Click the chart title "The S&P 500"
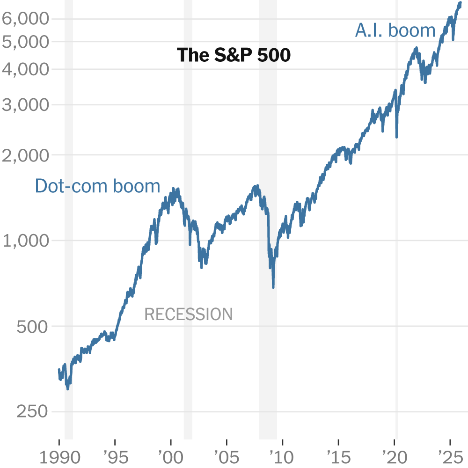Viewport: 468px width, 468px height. coord(234,55)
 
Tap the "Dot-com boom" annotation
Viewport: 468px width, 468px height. coord(97,186)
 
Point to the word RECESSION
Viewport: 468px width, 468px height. coord(188,314)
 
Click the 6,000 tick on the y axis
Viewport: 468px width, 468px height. coord(25,19)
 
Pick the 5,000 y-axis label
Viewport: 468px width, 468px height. coord(25,42)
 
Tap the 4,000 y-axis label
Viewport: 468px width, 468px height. coord(25,69)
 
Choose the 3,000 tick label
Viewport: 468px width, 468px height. coord(25,105)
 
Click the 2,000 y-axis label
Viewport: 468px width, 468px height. coord(25,155)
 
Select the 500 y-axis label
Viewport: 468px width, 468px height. coord(32,326)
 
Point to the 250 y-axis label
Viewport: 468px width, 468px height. coord(32,412)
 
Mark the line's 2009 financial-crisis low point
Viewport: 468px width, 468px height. coord(273,286)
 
